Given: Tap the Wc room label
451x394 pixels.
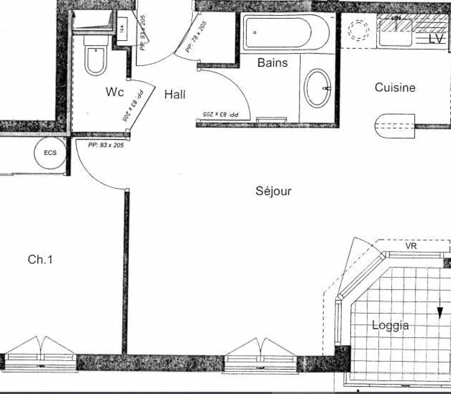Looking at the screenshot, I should point(115,92).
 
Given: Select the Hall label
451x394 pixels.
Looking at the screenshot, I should point(175,94).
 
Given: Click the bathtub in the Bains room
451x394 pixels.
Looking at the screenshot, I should point(278,32).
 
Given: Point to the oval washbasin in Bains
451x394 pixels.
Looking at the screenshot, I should point(317,88).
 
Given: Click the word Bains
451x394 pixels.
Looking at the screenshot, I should point(272,63).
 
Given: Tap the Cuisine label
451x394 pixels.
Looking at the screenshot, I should point(395,88).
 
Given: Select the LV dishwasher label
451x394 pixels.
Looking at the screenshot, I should point(436,39).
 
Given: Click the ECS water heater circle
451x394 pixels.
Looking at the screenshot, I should point(50,153).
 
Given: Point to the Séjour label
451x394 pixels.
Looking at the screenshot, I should point(273,191).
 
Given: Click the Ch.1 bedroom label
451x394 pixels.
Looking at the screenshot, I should point(40,259).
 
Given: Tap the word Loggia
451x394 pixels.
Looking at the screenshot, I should point(390,325).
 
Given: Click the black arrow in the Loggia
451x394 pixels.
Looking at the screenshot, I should point(440,311).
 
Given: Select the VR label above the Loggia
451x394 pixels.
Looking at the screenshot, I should point(411,247).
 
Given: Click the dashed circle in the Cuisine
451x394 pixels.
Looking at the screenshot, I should point(359,30).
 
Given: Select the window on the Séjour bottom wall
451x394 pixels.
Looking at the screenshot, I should point(261,358).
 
